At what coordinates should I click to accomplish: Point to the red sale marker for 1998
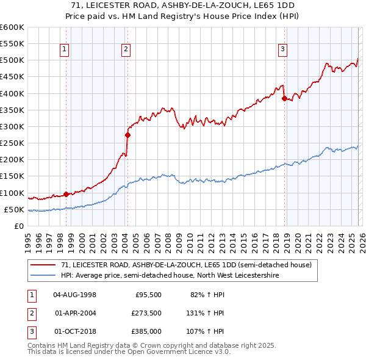[66, 194]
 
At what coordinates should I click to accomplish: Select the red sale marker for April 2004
[127, 135]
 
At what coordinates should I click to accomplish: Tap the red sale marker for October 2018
[284, 98]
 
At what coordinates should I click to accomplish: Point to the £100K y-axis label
[12, 193]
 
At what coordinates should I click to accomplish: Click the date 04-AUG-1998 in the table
[74, 295]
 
